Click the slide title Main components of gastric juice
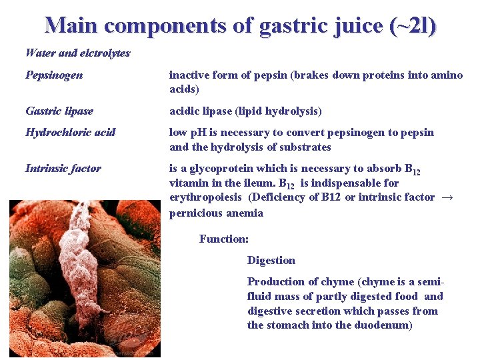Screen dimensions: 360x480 point(240,25)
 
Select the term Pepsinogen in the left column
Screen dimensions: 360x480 point(54,75)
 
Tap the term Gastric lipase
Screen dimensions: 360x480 point(59,111)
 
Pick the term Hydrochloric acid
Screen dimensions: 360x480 point(70,132)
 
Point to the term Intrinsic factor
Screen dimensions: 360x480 point(63,168)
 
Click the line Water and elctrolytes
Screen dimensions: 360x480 point(77,53)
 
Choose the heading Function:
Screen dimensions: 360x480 point(224,239)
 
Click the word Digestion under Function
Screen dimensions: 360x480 point(271,260)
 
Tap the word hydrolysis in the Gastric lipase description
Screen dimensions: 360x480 point(297,111)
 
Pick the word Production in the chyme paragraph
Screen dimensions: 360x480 point(274,281)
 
